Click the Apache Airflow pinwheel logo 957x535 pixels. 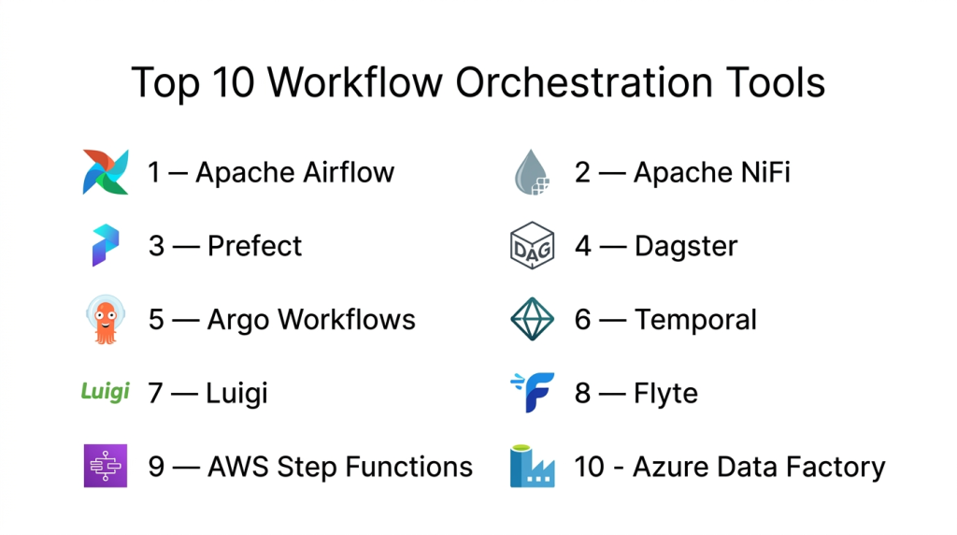106,172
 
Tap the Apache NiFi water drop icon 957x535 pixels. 532,172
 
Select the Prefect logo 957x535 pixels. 106,245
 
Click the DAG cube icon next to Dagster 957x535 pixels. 532,245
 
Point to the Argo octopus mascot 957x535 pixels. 106,320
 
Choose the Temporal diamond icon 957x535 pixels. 532,319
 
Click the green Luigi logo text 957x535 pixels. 106,391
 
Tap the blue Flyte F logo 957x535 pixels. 533,392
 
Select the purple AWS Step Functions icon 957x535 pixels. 106,466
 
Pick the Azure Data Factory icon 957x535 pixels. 532,466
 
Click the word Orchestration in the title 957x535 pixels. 584,82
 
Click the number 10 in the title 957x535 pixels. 233,82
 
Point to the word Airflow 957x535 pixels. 350,172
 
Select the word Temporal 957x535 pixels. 695,320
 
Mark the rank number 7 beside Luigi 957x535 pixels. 156,394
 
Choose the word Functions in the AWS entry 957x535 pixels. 409,468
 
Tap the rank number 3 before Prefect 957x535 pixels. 156,246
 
